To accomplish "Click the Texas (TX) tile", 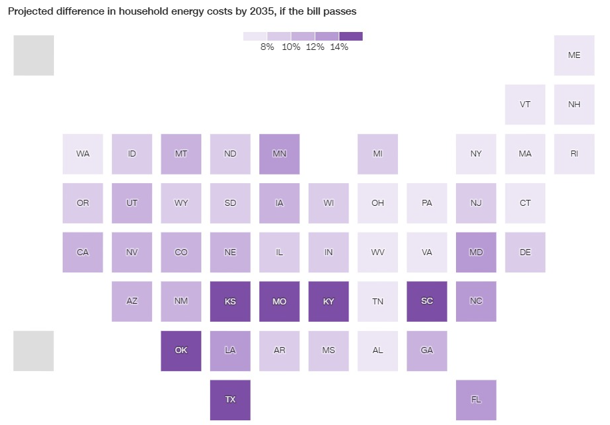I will point(230,400).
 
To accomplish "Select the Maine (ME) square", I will point(574,55).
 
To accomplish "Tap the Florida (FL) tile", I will point(476,400).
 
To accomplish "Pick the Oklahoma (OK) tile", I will point(181,350).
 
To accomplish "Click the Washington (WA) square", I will point(83,154).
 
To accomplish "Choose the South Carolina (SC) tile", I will point(427,301).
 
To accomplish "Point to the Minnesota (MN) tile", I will point(279,154).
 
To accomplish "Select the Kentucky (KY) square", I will point(329,301).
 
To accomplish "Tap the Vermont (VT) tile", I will point(525,105).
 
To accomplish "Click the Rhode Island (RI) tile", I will point(574,154).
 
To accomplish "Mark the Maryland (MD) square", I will point(476,252).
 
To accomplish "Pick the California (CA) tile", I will point(83,252).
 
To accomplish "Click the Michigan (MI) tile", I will point(377,154).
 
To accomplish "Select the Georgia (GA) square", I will point(427,350).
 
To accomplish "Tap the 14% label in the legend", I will point(339,47).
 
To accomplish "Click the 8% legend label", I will point(267,47).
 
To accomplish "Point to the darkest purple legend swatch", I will point(351,36).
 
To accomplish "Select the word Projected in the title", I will point(30,12).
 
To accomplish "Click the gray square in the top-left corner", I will point(33,55).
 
